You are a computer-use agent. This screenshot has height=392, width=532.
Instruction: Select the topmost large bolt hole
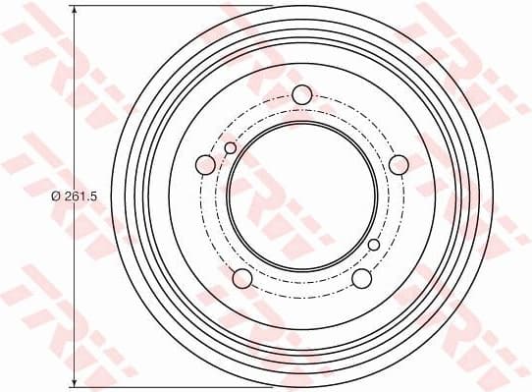[x=301, y=95]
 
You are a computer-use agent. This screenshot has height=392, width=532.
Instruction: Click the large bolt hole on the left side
[x=205, y=164]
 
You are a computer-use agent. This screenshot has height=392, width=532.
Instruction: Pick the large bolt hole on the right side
[x=398, y=164]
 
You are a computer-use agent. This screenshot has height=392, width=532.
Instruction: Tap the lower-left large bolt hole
[x=242, y=278]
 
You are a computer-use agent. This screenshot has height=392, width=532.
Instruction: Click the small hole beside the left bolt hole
[x=231, y=148]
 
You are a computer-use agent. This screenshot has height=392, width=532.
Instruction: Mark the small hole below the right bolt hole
[x=373, y=245]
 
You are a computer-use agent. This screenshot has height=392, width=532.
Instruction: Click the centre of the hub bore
[x=301, y=196]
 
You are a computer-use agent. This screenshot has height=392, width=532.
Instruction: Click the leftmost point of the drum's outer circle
[x=112, y=196]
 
